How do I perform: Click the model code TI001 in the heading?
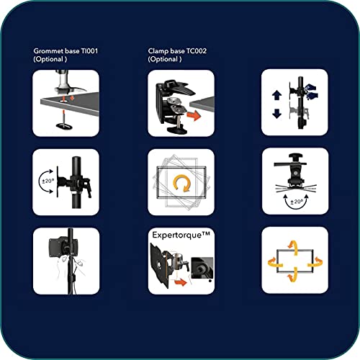[x=89, y=51]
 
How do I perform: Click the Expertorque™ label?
[x=181, y=235]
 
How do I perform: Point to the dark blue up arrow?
[x=276, y=96]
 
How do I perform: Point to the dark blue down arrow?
[x=276, y=114]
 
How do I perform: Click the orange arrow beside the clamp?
[x=194, y=115]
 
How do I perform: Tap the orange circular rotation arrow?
[x=181, y=184]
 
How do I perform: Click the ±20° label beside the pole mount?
[x=48, y=181]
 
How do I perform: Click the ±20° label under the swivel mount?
[x=297, y=202]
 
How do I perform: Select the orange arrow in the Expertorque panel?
[x=181, y=282]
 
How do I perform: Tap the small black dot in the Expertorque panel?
[x=210, y=281]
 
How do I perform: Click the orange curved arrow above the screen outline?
[x=294, y=247]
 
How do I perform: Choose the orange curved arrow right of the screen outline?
[x=315, y=262]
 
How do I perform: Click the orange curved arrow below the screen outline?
[x=293, y=275]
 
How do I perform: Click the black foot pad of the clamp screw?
[x=177, y=130]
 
